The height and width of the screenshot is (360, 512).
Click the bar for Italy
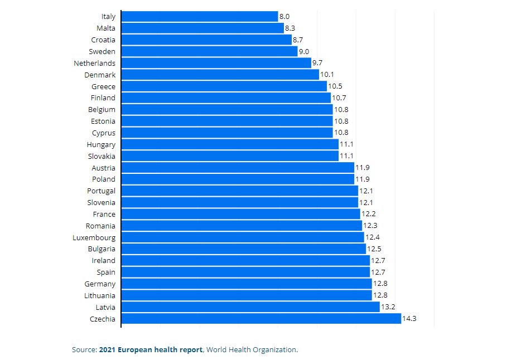pyautogui.click(x=199, y=17)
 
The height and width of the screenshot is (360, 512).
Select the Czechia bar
pyautogui.click(x=260, y=319)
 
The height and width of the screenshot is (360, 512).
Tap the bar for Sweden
pyautogui.click(x=209, y=51)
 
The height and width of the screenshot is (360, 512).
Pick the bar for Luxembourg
pyautogui.click(x=242, y=237)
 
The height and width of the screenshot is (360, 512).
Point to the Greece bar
pyautogui.click(x=224, y=86)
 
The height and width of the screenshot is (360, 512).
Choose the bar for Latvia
pyautogui.click(x=250, y=307)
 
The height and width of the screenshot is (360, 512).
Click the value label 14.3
pyautogui.click(x=409, y=319)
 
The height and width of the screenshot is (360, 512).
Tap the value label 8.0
pyautogui.click(x=284, y=17)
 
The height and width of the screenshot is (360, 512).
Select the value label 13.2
pyautogui.click(x=388, y=307)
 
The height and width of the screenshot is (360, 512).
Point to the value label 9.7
pyautogui.click(x=317, y=63)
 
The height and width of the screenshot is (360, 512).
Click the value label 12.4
pyautogui.click(x=372, y=237)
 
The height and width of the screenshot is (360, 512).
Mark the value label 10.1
pyautogui.click(x=327, y=75)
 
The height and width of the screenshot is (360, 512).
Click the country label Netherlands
pyautogui.click(x=95, y=63)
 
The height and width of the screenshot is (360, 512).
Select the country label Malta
pyautogui.click(x=106, y=28)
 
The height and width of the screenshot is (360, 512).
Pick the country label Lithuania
pyautogui.click(x=100, y=295)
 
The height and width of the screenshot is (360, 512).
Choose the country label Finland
pyautogui.click(x=103, y=98)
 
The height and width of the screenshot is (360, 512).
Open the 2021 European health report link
pyautogui.click(x=151, y=350)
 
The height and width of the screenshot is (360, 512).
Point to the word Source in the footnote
pyautogui.click(x=84, y=350)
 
